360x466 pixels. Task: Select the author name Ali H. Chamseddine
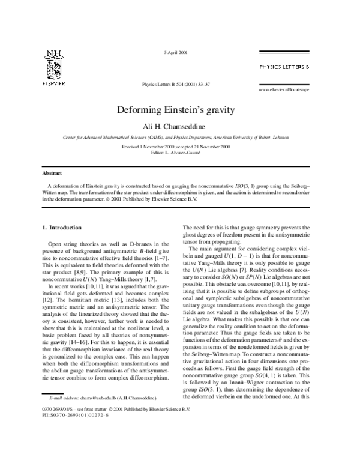point(180,126)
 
